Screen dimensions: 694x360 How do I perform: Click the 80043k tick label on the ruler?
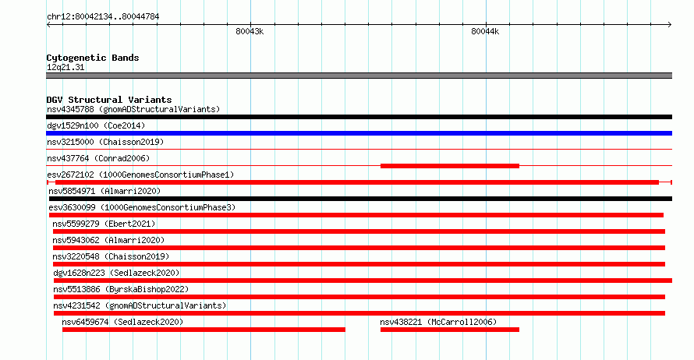250,31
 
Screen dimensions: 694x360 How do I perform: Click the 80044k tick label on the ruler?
485,31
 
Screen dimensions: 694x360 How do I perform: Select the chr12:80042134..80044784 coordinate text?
103,17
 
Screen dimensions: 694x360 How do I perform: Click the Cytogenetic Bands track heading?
93,58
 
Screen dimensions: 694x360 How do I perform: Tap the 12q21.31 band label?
66,67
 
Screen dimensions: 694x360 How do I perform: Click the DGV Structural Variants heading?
109,100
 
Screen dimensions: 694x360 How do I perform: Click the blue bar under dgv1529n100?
359,133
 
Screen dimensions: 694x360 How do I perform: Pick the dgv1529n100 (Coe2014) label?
96,125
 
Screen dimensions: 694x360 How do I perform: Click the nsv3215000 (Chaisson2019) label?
105,142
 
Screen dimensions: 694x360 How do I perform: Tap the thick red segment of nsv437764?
450,166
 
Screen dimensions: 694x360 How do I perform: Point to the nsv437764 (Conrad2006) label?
98,158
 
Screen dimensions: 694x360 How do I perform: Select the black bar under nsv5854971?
360,199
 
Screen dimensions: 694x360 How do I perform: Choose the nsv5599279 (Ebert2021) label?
104,224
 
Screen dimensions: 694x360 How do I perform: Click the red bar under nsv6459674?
204,330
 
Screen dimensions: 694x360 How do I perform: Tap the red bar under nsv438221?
450,330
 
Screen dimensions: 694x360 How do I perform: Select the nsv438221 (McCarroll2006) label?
438,322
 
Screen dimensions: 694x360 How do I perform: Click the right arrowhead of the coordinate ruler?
671,25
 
